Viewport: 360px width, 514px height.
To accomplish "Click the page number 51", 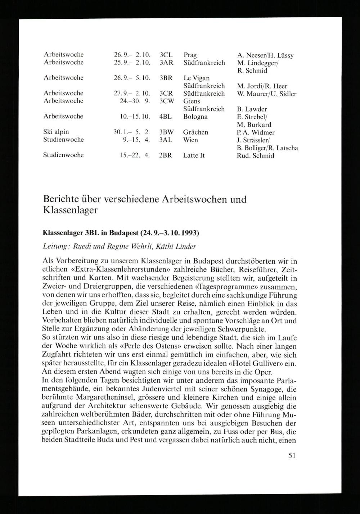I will pos(292,455).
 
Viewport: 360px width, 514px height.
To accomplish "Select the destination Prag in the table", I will pos(190,55).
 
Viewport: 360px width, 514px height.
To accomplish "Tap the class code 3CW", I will pos(166,101).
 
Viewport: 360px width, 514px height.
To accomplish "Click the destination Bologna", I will pos(195,117).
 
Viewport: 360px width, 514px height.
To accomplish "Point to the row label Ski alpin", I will pos(56,132).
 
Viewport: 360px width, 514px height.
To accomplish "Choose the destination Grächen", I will pos(195,132).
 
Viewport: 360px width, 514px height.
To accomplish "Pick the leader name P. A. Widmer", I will pos(256,132).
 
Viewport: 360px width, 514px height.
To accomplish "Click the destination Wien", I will pos(190,140).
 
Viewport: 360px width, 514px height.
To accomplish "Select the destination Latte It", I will pos(194,155).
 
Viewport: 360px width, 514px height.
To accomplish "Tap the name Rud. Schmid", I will pos(256,156).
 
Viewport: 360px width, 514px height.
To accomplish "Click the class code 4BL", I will pos(166,117).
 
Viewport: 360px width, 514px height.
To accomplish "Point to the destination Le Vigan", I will pos(197,78).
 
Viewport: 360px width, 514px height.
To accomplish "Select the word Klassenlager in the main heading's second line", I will pos(70,210).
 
